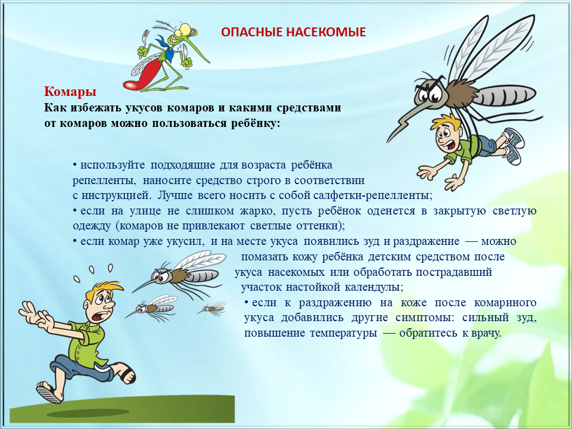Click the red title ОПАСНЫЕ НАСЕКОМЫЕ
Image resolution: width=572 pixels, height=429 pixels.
click(x=293, y=32)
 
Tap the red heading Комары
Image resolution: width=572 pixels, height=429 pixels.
click(x=70, y=91)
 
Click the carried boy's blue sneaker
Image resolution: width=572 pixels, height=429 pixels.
click(x=514, y=141)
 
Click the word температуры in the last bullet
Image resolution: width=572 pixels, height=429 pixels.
click(x=344, y=334)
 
